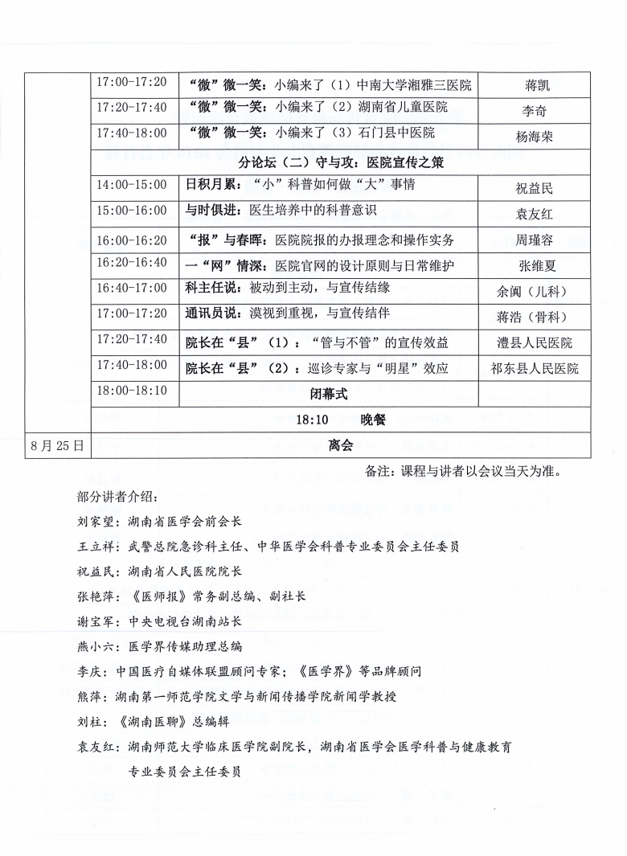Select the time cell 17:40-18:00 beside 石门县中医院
pyautogui.click(x=132, y=133)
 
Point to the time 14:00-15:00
pyautogui.click(x=132, y=185)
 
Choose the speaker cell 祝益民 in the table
pyautogui.click(x=535, y=189)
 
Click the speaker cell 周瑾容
pyautogui.click(x=535, y=240)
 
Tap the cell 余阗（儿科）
pyautogui.click(x=533, y=292)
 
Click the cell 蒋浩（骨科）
pyautogui.click(x=533, y=317)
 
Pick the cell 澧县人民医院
pyautogui.click(x=535, y=343)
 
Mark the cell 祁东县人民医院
pyautogui.click(x=535, y=369)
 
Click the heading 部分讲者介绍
pyautogui.click(x=113, y=497)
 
